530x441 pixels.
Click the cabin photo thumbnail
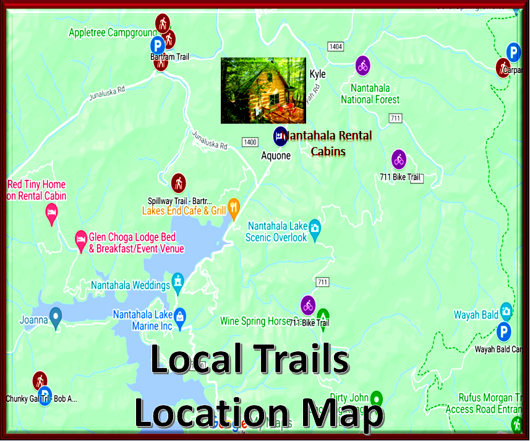(263, 90)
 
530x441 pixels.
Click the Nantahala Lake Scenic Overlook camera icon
(315, 228)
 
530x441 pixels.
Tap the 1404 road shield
(336, 47)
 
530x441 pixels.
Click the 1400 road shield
(250, 142)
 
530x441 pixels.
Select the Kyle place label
(317, 74)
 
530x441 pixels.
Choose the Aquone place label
(275, 156)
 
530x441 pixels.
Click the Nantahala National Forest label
(370, 93)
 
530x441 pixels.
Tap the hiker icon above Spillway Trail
(178, 182)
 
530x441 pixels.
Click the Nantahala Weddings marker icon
(179, 281)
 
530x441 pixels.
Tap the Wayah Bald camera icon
(506, 310)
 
